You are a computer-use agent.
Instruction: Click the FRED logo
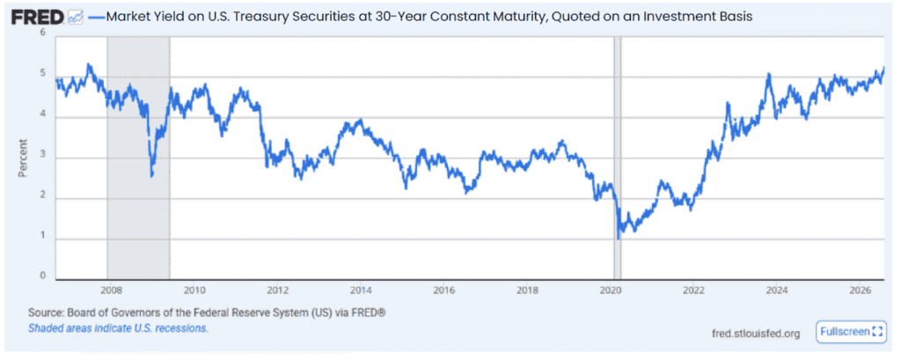point(37,18)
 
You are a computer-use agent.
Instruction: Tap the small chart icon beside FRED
point(75,18)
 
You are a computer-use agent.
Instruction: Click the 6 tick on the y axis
point(42,33)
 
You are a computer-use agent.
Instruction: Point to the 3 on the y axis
point(42,155)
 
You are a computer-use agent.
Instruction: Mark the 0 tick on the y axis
point(42,276)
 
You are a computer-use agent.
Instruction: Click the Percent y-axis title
point(23,157)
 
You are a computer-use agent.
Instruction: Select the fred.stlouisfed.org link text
point(755,334)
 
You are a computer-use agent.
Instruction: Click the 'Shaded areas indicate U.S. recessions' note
point(118,329)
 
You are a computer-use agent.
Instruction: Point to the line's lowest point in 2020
point(619,238)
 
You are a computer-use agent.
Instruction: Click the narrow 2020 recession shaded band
point(617,158)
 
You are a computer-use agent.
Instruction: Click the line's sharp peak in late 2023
point(768,74)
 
